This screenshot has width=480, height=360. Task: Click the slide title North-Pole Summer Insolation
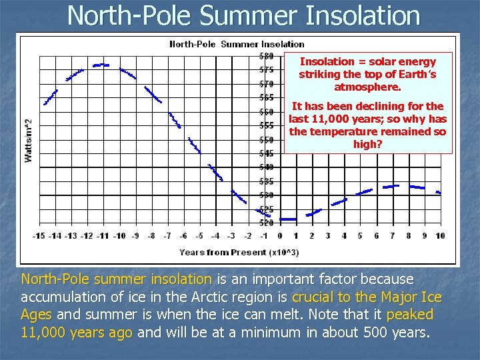pyautogui.click(x=243, y=15)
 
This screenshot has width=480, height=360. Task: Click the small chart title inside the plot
pyautogui.click(x=237, y=44)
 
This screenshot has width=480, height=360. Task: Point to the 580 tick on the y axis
pyautogui.click(x=266, y=55)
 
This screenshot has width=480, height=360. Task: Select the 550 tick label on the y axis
pyautogui.click(x=266, y=139)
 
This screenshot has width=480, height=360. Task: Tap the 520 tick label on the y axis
pyautogui.click(x=266, y=222)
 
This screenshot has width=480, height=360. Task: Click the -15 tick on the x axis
pyautogui.click(x=39, y=235)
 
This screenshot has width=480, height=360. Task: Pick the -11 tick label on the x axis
pyautogui.click(x=103, y=235)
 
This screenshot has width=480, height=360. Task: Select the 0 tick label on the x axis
pyautogui.click(x=280, y=235)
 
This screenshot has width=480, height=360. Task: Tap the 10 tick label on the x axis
pyautogui.click(x=440, y=235)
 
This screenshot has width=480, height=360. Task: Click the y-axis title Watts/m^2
pyautogui.click(x=29, y=141)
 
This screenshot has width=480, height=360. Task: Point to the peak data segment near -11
pyautogui.click(x=101, y=65)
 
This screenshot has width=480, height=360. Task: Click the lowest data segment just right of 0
pyautogui.click(x=288, y=219)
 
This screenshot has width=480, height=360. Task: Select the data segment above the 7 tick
pyautogui.click(x=391, y=186)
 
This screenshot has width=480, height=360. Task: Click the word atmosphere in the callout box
pyautogui.click(x=367, y=87)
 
